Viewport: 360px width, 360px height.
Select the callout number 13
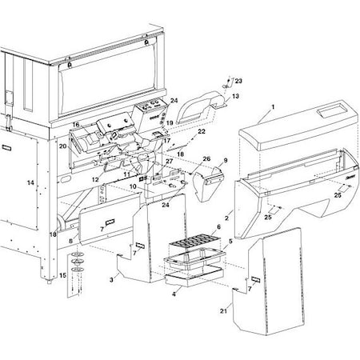(x=235, y=96)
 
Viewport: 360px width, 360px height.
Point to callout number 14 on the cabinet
(x=31, y=183)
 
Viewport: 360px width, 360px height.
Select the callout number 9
(x=225, y=160)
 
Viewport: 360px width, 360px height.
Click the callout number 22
(x=202, y=131)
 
